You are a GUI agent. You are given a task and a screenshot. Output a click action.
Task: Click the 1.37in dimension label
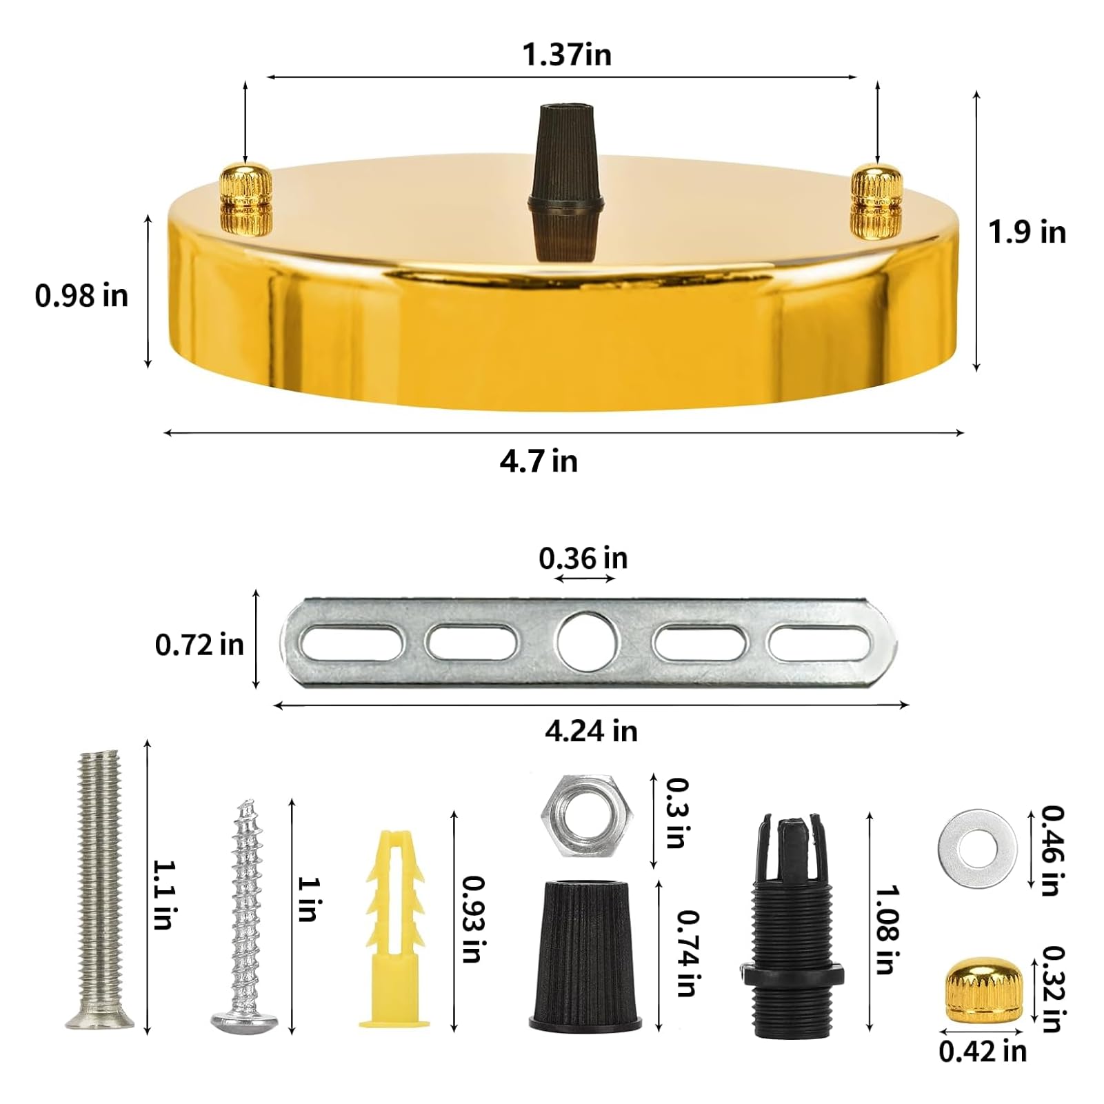566,54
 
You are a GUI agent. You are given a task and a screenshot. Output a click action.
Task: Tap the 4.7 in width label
539,461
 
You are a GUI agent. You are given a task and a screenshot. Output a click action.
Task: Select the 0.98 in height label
81,296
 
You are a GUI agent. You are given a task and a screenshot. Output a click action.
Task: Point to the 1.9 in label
1027,232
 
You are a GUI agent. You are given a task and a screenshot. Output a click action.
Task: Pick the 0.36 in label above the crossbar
583,559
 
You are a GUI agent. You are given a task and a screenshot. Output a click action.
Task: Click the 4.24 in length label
591,732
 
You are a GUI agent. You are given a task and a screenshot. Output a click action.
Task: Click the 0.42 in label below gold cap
982,1051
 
